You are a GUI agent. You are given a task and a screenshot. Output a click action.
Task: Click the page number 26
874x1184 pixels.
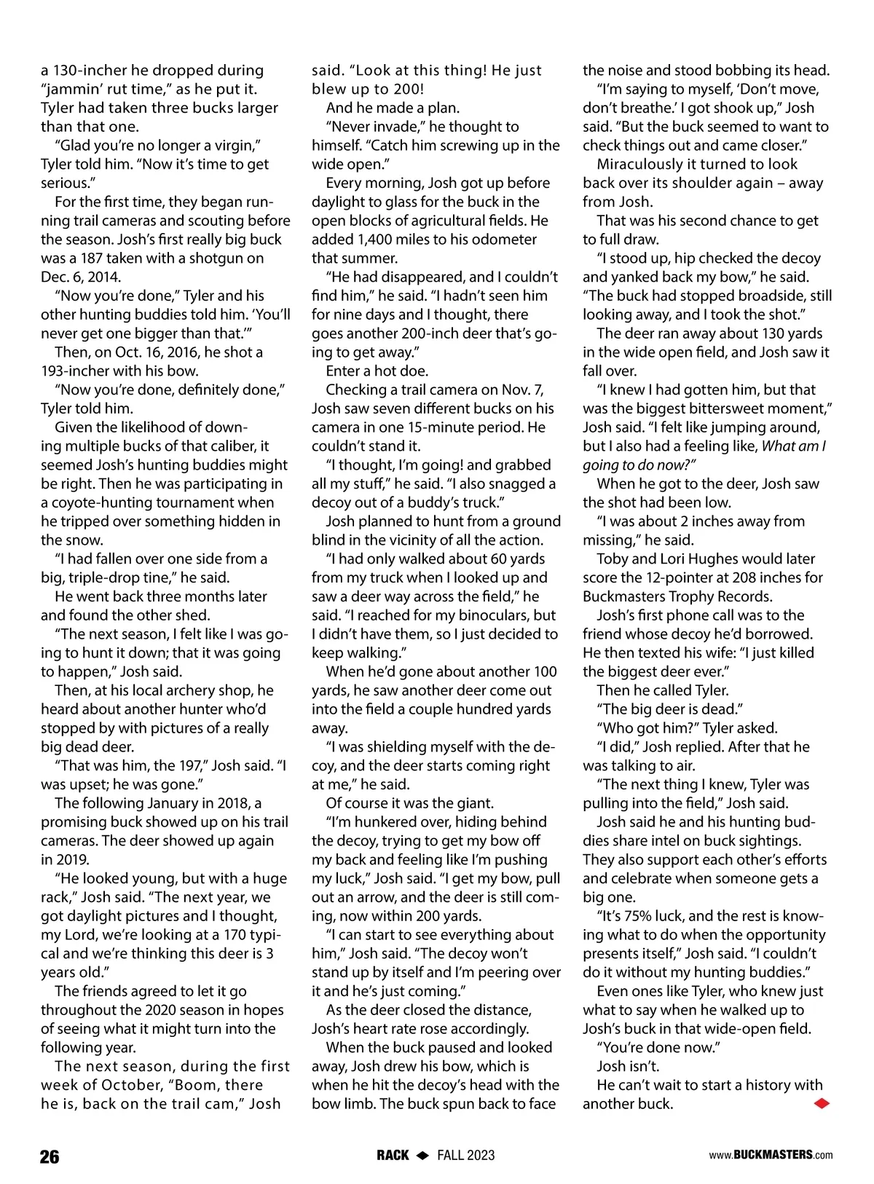pos(50,1156)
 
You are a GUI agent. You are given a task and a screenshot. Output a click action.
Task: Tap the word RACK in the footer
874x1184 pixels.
pos(393,1156)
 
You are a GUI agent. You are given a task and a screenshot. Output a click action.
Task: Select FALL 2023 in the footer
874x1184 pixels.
pos(465,1156)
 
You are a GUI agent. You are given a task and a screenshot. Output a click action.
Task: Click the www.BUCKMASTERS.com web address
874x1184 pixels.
pos(771,1155)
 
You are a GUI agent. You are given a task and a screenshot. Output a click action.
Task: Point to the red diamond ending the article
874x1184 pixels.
pos(821,1104)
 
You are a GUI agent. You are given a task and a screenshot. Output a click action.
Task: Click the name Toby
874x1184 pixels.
pos(613,559)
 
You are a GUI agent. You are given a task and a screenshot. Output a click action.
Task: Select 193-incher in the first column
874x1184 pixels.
pos(79,371)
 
